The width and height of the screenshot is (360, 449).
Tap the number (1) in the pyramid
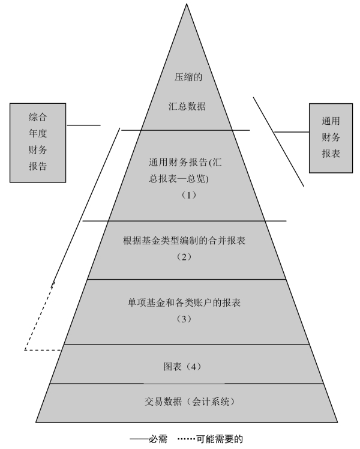click(188, 195)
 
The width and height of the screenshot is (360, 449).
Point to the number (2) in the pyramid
click(184, 256)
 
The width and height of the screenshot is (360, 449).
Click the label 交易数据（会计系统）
click(188, 400)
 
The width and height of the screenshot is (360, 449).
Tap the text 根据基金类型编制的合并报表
click(185, 241)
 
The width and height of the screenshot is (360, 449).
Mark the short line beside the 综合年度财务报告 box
click(83, 125)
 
